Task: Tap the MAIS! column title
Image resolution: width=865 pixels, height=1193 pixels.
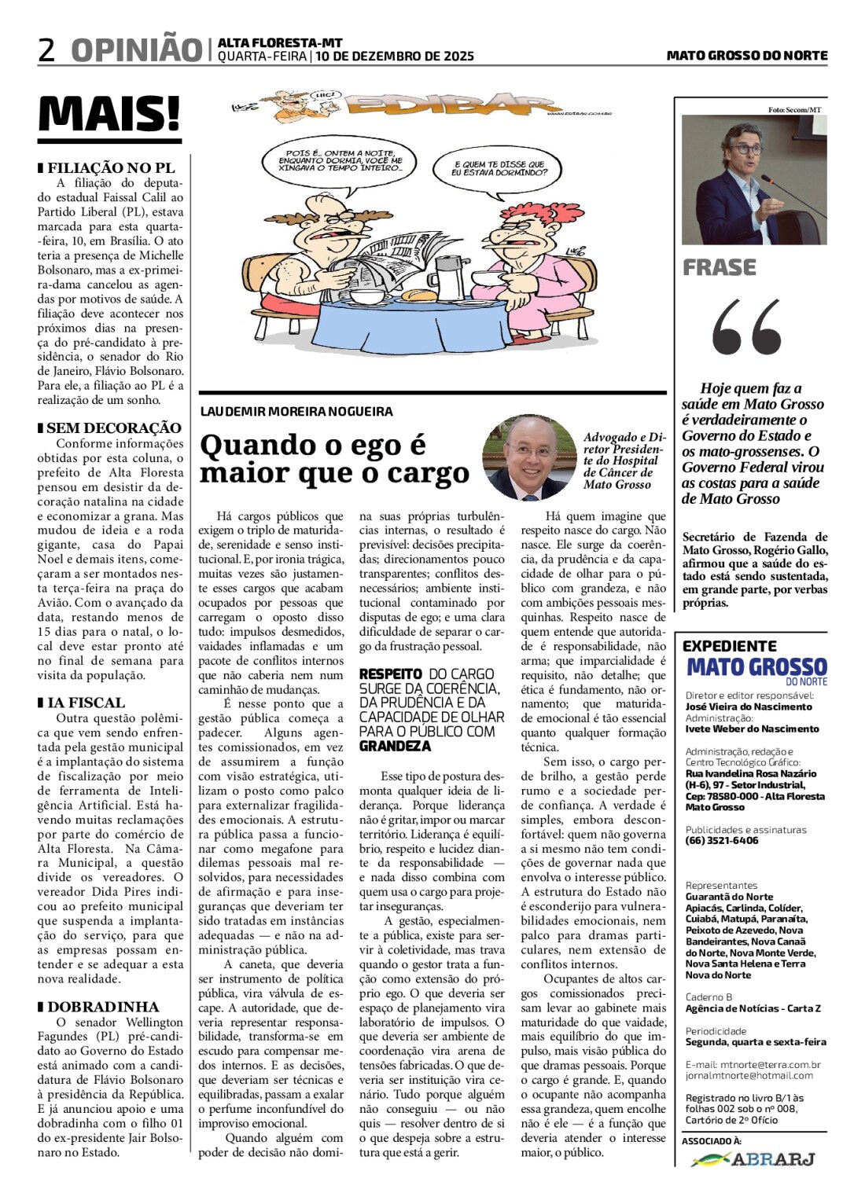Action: tap(109, 115)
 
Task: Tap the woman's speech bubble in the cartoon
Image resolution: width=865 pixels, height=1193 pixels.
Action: tap(499, 167)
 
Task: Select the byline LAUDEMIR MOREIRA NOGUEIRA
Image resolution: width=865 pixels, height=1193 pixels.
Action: tap(296, 411)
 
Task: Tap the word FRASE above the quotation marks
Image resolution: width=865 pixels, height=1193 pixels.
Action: tap(720, 268)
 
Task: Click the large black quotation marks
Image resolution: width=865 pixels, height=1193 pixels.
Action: tap(747, 327)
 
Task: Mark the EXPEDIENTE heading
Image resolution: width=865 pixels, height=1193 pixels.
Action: tap(729, 646)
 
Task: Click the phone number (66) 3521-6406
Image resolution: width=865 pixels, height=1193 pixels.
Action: tap(722, 840)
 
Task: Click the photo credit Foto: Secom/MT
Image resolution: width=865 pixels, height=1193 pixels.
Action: tap(794, 110)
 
